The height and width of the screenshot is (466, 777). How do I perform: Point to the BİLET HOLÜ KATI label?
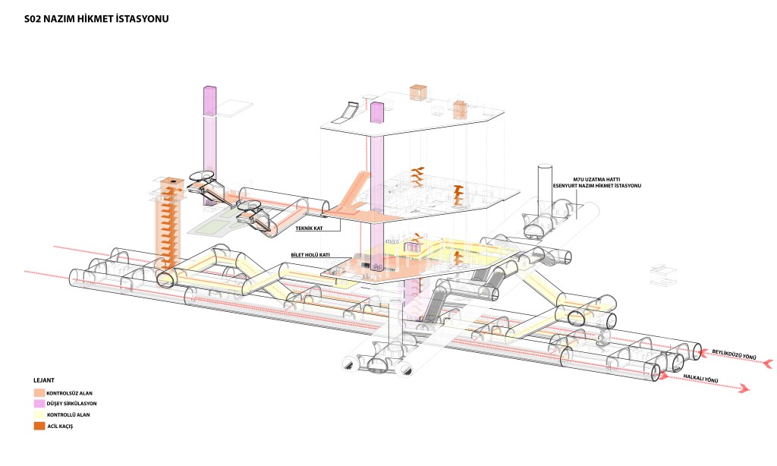[310, 256]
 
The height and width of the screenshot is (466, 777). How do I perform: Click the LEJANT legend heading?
[44, 379]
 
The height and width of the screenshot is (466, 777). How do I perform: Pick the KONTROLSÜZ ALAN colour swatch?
[39, 392]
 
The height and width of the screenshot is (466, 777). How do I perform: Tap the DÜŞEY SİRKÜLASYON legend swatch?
[39, 404]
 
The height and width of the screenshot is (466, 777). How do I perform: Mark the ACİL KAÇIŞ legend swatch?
[39, 427]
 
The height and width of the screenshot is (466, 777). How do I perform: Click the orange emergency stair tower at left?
[172, 224]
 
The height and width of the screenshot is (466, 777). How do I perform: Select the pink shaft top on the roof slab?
[376, 112]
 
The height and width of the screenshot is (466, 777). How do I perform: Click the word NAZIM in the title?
[60, 17]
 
